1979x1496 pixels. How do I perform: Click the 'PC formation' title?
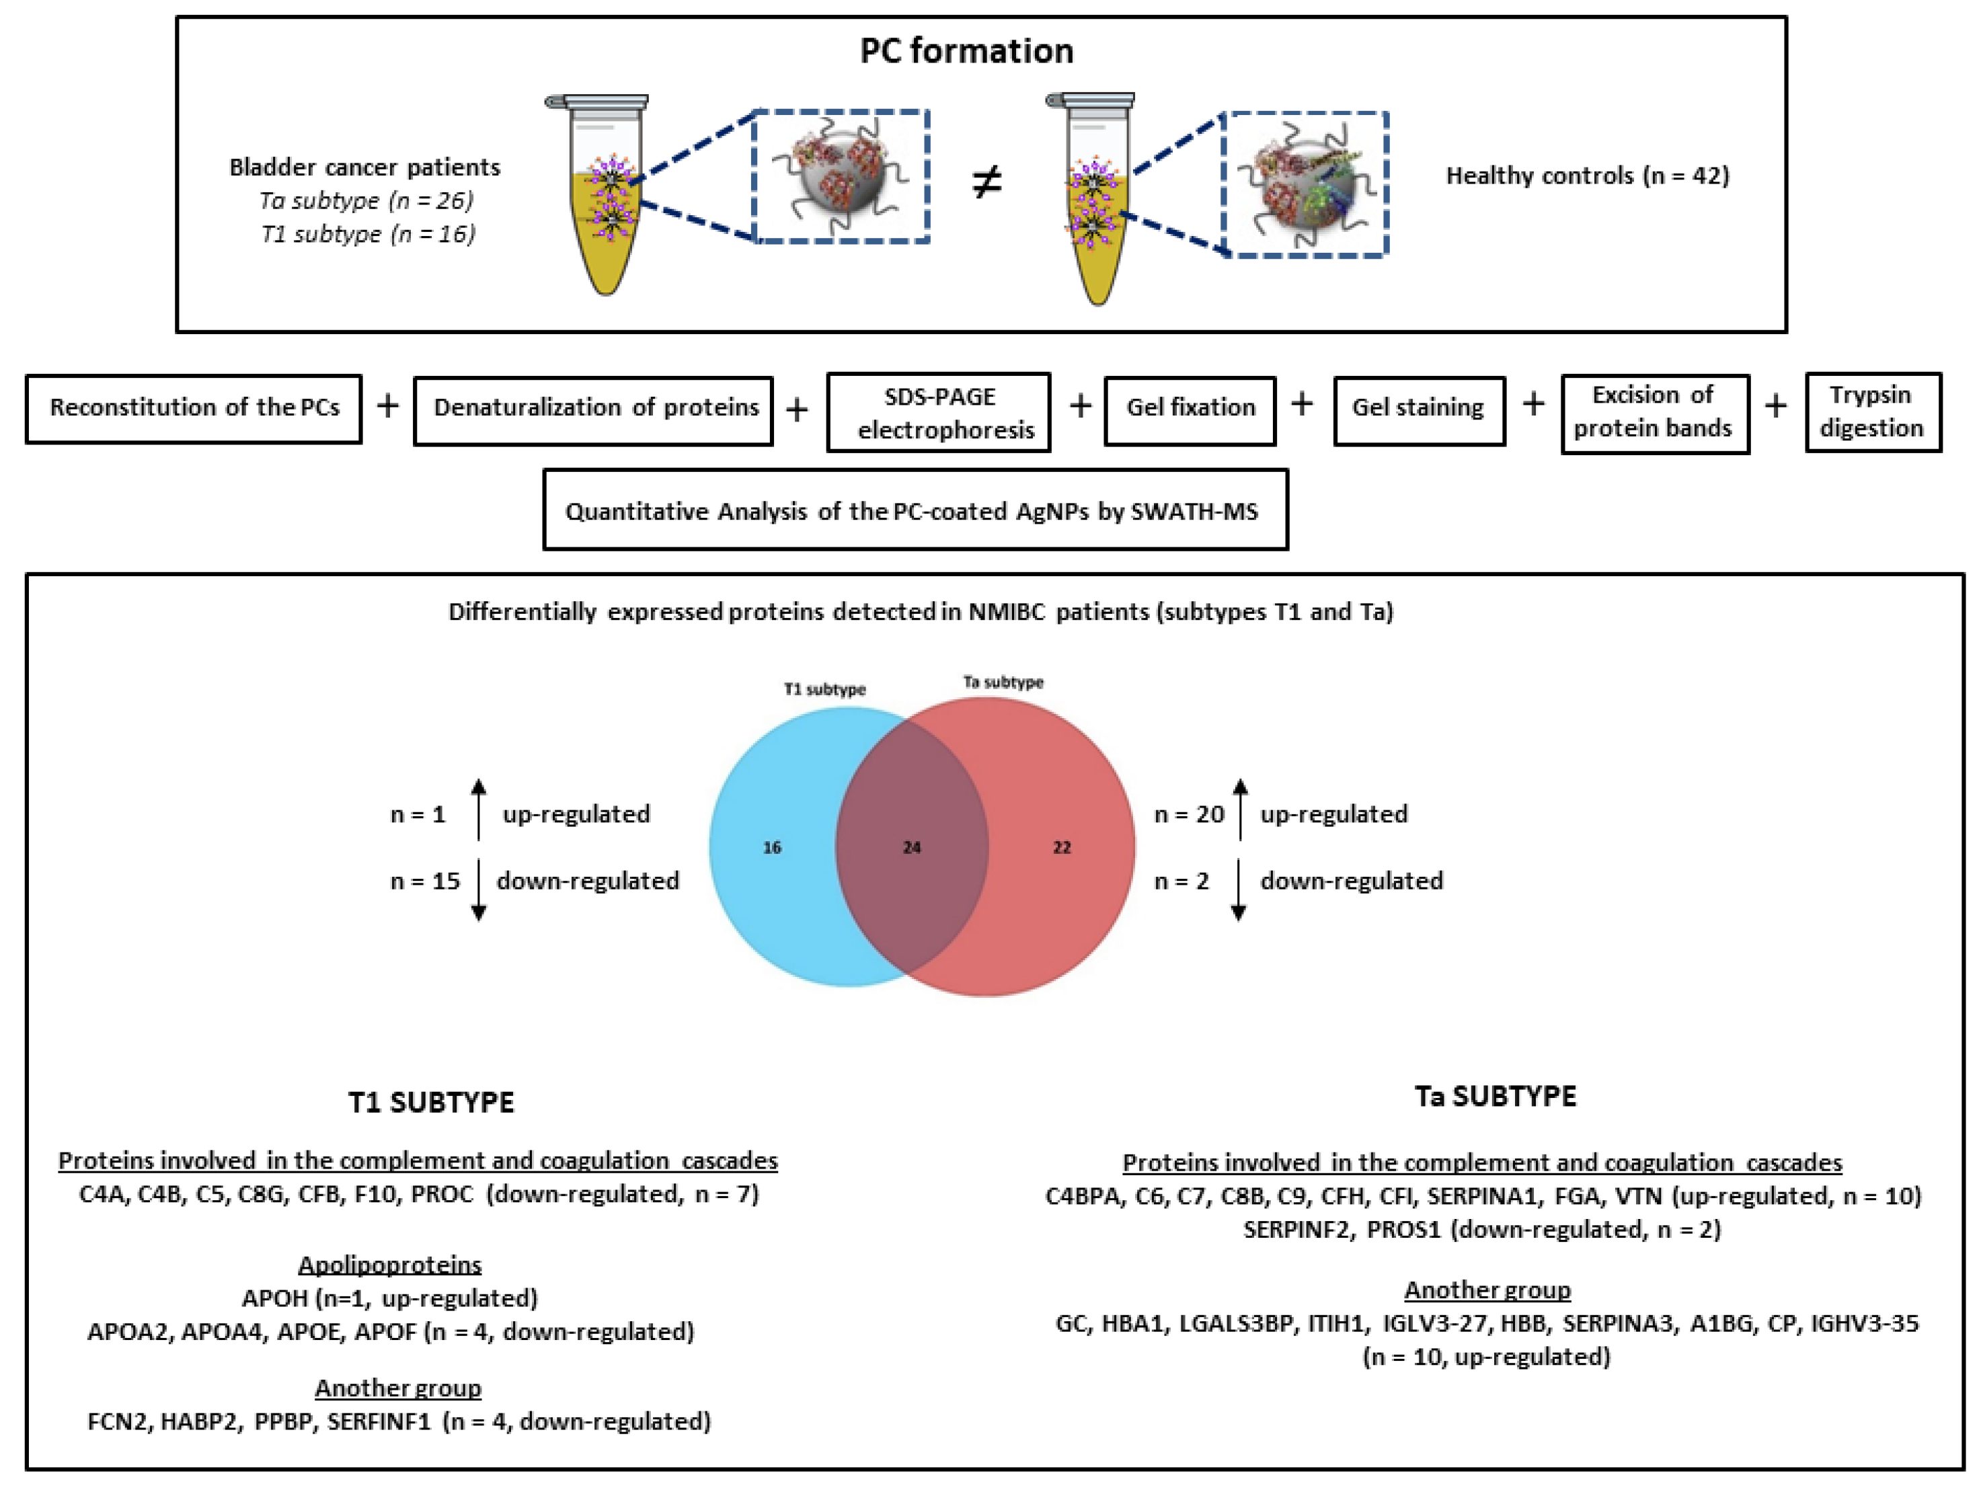[966, 51]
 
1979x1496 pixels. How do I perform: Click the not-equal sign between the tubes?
[987, 182]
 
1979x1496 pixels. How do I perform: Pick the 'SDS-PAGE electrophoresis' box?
[939, 412]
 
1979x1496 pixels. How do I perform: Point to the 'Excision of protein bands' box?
[1654, 411]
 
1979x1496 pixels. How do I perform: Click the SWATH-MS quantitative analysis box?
[915, 511]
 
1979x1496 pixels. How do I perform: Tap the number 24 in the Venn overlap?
[912, 847]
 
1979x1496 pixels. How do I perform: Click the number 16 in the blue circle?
[772, 847]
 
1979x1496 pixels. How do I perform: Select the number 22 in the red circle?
[1062, 847]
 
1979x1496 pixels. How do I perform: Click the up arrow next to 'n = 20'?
[1240, 809]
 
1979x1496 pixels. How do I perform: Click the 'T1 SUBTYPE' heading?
[431, 1101]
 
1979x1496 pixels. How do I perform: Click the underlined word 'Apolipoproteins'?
[390, 1264]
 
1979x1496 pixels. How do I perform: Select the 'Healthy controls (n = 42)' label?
[1587, 175]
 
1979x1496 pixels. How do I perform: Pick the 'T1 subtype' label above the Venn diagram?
[825, 689]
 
